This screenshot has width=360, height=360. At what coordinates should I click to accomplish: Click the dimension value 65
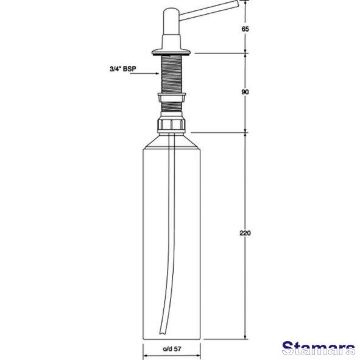(x=245, y=29)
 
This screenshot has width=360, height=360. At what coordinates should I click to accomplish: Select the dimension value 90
(x=245, y=93)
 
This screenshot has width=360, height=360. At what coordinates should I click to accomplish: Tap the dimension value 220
(x=245, y=233)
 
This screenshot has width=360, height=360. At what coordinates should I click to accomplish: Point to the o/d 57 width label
(x=172, y=349)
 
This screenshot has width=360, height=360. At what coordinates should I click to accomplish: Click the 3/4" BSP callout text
(x=123, y=69)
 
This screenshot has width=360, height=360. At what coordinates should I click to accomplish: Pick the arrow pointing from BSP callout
(x=145, y=74)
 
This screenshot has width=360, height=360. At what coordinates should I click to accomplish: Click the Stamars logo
(x=319, y=348)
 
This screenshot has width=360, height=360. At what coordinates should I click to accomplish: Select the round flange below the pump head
(x=171, y=52)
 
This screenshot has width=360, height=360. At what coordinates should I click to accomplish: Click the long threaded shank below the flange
(x=172, y=74)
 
